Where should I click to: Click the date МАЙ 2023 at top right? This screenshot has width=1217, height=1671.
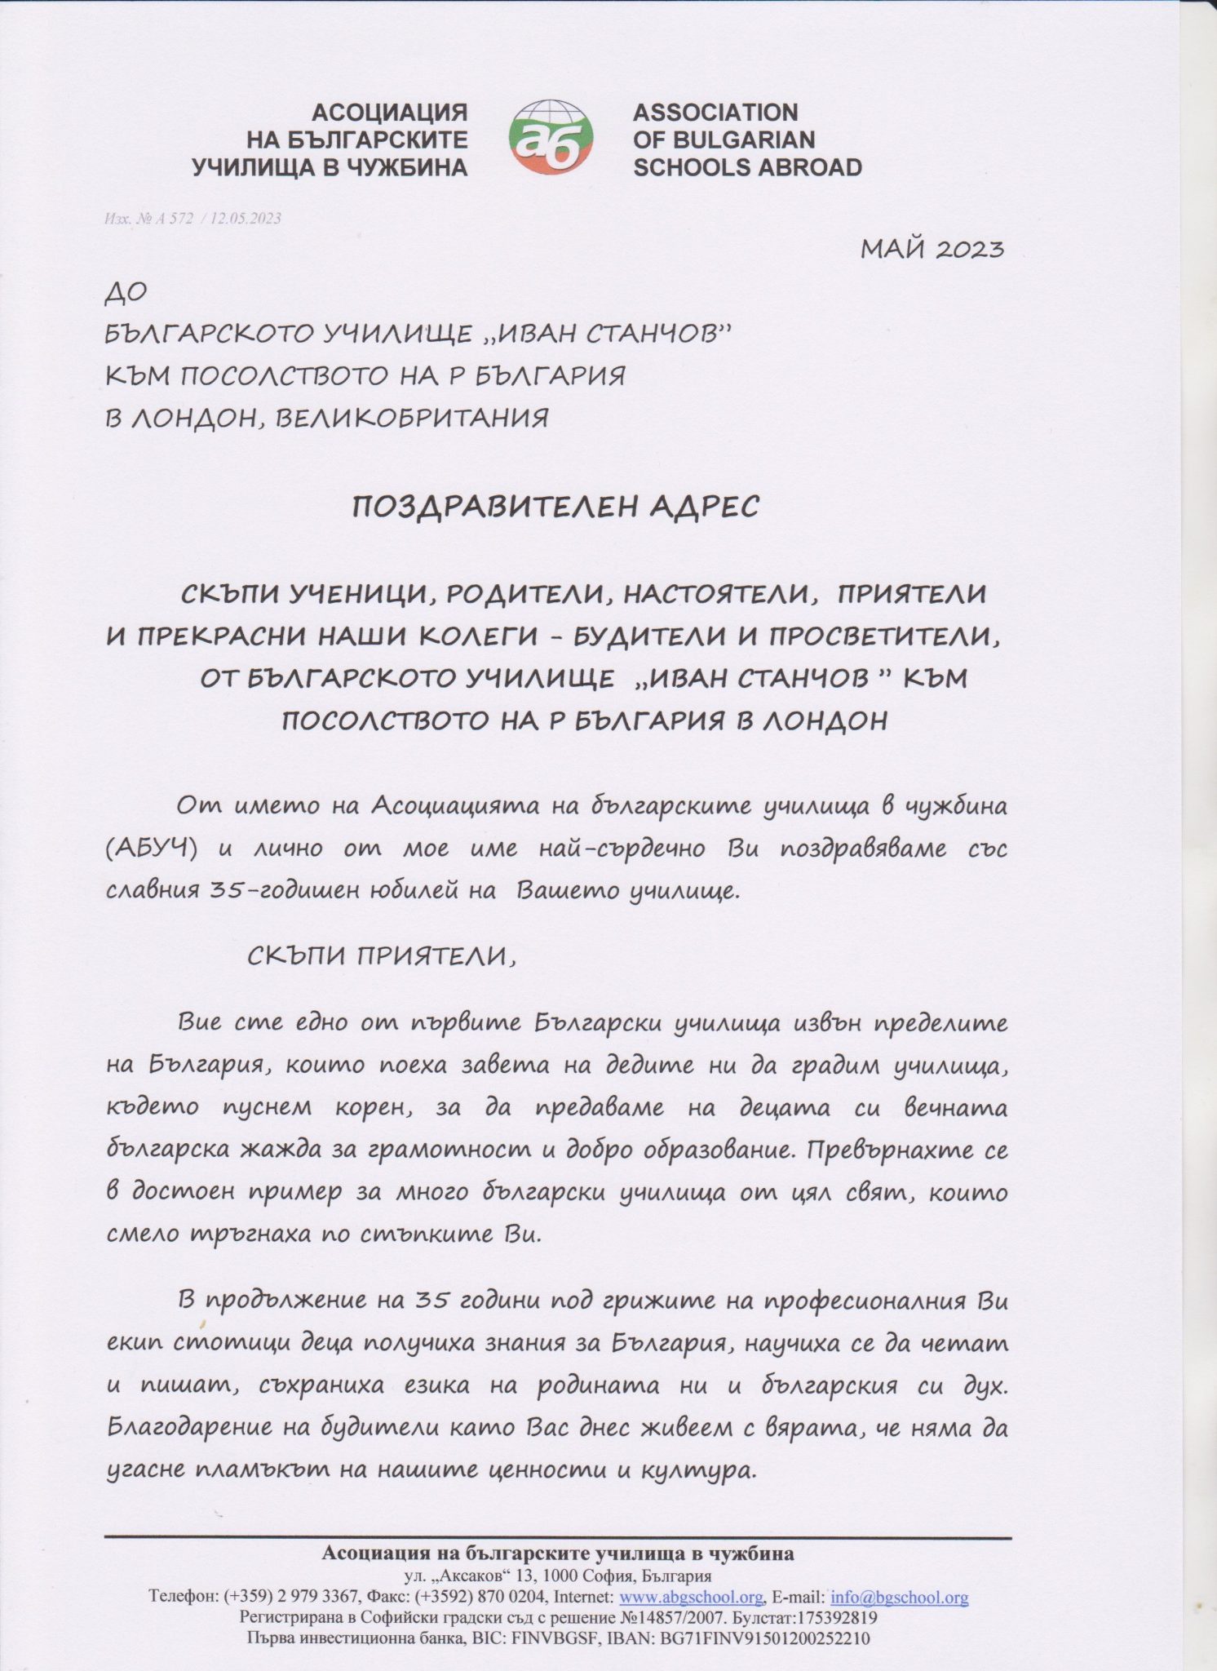pyautogui.click(x=932, y=248)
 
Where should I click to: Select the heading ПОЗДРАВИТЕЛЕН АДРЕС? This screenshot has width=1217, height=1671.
pyautogui.click(x=555, y=507)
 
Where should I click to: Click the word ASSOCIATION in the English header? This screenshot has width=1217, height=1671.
pyautogui.click(x=715, y=112)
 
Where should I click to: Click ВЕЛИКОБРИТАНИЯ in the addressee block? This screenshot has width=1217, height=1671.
pyautogui.click(x=413, y=418)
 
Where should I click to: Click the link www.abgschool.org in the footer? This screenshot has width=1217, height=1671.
pyautogui.click(x=692, y=1597)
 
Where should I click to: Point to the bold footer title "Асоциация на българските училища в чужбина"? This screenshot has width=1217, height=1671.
pyautogui.click(x=558, y=1554)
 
